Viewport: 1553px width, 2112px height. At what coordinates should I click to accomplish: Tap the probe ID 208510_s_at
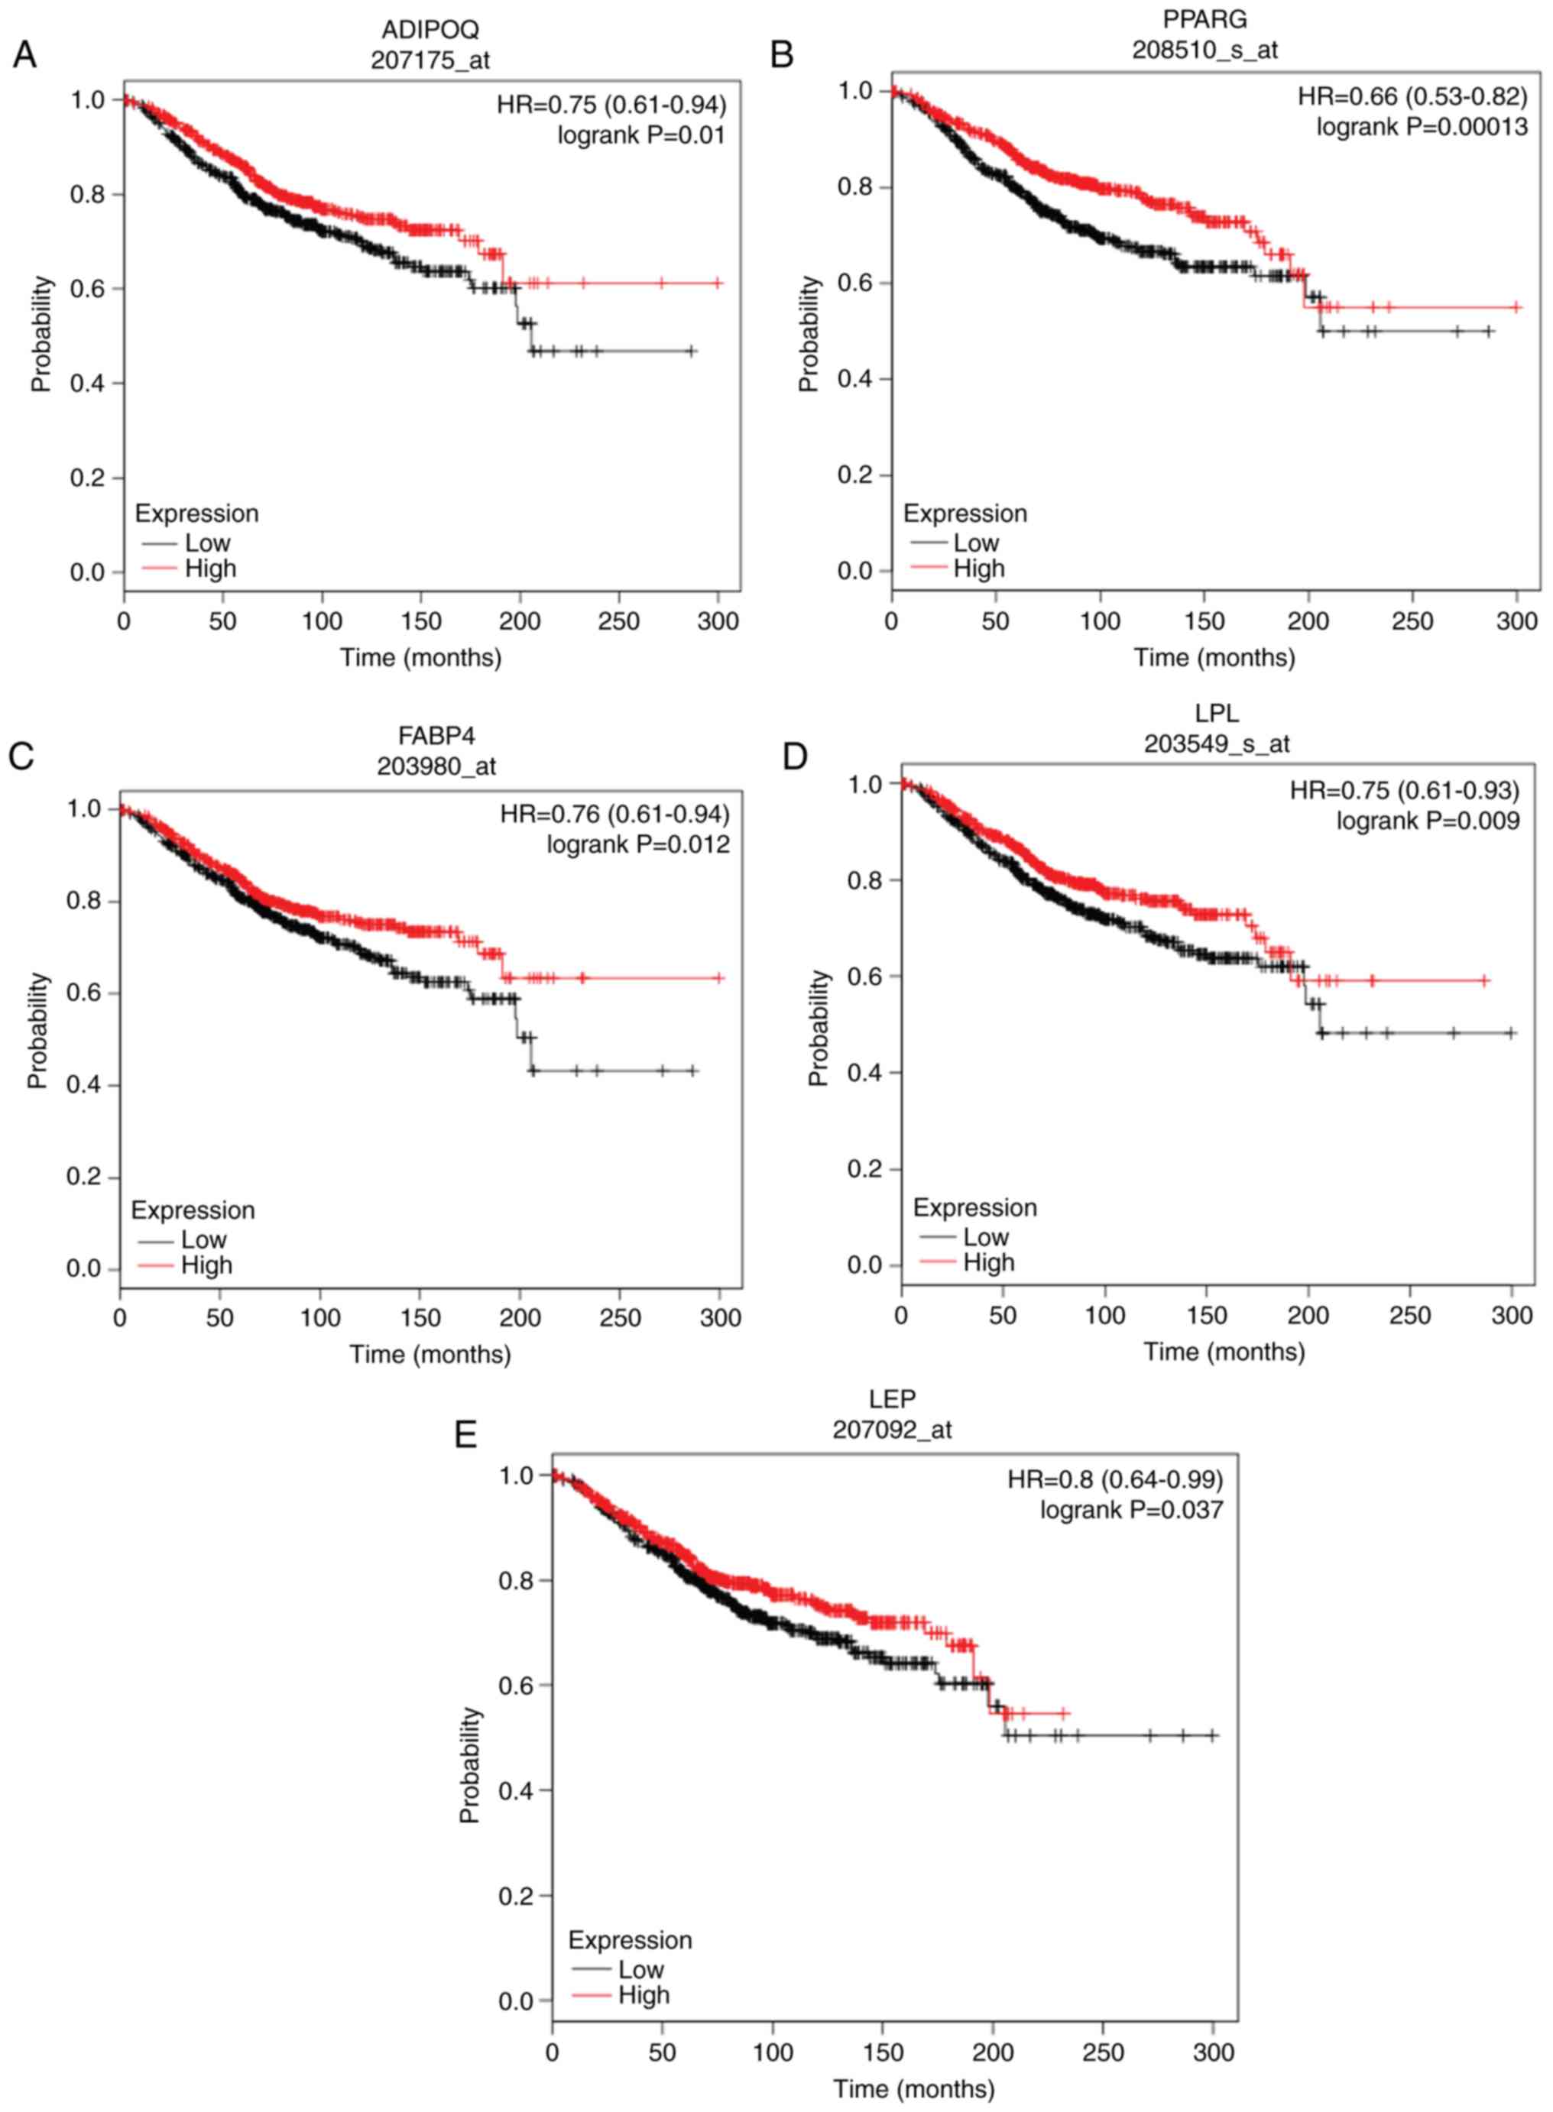coord(1204,50)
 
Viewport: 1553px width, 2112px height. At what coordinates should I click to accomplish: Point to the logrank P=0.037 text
coord(1131,1510)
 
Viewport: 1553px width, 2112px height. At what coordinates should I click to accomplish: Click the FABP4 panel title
coord(436,735)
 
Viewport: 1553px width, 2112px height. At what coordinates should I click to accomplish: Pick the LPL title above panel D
coord(1217,714)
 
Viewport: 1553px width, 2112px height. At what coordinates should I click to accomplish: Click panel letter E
coord(465,1435)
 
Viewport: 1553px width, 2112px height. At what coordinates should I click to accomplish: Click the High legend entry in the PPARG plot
coord(978,568)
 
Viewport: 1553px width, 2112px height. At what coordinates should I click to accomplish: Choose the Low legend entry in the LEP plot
coord(640,1969)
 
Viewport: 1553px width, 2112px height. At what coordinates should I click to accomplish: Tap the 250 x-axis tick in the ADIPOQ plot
coord(618,621)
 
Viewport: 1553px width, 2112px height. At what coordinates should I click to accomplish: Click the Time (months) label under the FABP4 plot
coord(430,1355)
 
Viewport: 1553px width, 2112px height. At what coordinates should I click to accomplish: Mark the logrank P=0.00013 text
coord(1422,126)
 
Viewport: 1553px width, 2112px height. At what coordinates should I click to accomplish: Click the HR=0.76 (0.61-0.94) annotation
coord(614,813)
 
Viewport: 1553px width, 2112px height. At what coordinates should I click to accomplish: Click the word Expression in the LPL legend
coord(975,1208)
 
